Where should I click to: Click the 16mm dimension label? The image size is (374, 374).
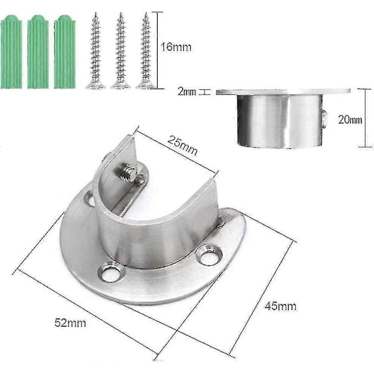pos(176,47)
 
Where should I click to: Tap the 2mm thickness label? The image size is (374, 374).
pos(187,92)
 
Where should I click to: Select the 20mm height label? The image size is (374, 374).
pos(350,119)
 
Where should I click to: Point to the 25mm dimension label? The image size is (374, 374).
pos(183,145)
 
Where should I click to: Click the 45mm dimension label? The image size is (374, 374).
pos(280,306)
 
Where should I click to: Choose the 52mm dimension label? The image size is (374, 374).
pos(70,323)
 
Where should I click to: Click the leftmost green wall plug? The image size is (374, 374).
pos(11,52)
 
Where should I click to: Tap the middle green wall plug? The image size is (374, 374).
pos(38,52)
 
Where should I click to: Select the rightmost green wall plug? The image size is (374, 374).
pos(65,52)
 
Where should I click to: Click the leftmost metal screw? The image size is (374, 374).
pos(95,51)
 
